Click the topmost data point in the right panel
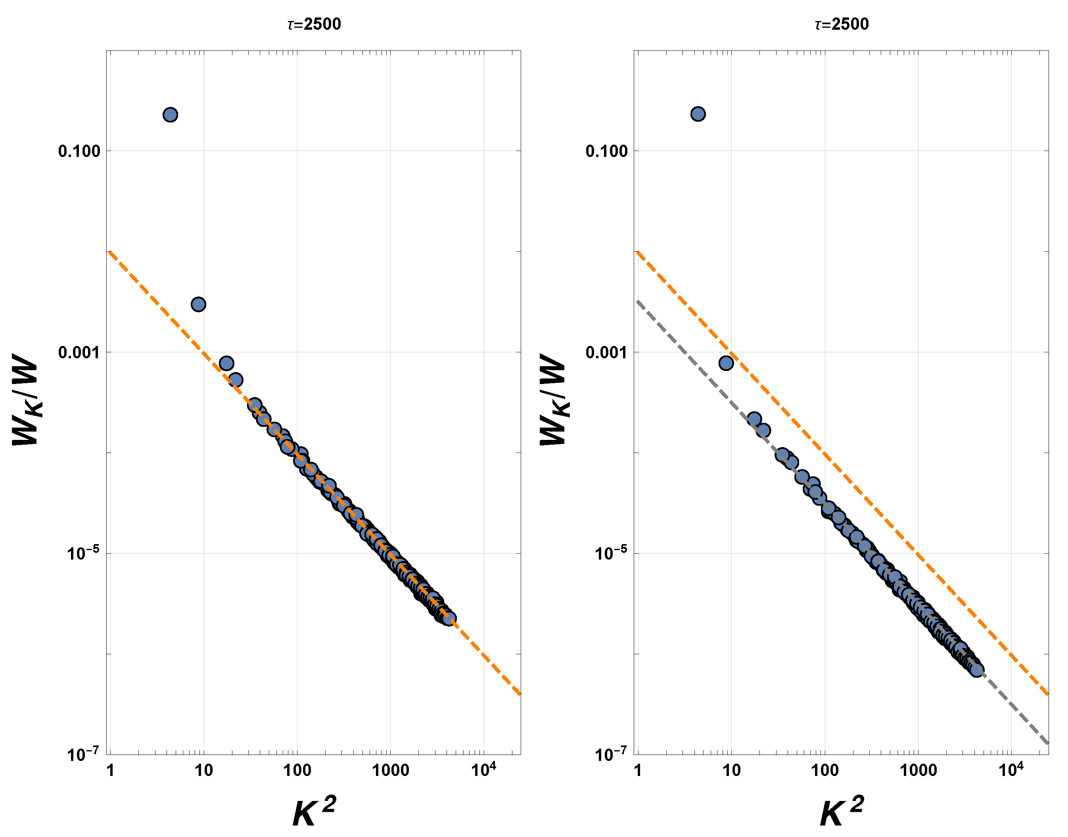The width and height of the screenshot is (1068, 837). tap(698, 114)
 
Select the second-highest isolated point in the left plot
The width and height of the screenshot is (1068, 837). tap(198, 304)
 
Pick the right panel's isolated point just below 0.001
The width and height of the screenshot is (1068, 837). tap(726, 363)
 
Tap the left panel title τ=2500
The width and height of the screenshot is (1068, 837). tap(314, 24)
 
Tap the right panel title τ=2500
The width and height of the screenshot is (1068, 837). tap(842, 24)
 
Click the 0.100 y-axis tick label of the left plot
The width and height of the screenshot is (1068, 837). tap(79, 151)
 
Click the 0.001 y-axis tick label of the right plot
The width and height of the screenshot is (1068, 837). tap(606, 352)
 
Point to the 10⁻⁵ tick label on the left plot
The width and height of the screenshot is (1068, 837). tap(83, 553)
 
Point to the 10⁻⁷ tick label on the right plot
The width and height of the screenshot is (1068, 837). tap(610, 754)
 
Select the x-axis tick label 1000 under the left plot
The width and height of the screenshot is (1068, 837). tap(390, 771)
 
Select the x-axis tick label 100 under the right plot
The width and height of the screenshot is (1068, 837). tap(825, 771)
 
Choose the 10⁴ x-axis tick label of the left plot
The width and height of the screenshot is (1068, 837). tap(483, 770)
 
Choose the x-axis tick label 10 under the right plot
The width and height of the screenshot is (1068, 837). tap(731, 771)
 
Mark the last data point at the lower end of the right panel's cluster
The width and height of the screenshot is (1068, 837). tap(977, 670)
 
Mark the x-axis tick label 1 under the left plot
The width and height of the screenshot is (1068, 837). tap(110, 771)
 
